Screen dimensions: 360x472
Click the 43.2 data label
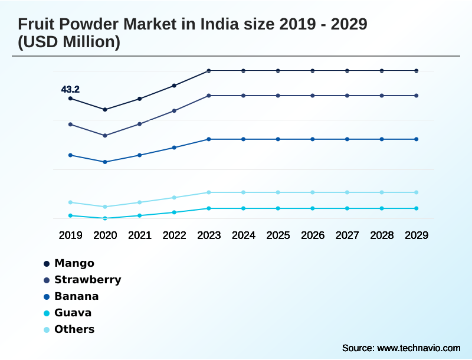[x=70, y=90]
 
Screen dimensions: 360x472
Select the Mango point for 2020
[x=105, y=110]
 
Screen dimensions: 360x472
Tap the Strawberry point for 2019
[x=70, y=125]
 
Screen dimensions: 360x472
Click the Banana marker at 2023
[x=209, y=139]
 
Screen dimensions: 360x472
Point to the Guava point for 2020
[x=105, y=218]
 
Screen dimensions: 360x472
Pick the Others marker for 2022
[x=174, y=197]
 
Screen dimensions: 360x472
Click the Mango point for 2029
[x=417, y=71]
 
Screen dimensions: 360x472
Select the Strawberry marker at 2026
[x=313, y=96]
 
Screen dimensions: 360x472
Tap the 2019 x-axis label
[x=70, y=235]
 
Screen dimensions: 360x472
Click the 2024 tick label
[x=244, y=235]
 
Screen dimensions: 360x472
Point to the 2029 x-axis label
[x=417, y=235]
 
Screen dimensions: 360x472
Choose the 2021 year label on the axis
[x=140, y=235]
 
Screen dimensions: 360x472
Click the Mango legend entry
[x=74, y=263]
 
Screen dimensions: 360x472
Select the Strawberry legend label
[x=87, y=280]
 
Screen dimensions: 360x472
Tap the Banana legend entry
[x=76, y=296]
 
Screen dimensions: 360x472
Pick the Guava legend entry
[x=73, y=313]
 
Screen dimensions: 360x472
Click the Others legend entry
[x=74, y=329]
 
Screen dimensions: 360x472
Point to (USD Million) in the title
[x=69, y=42]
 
